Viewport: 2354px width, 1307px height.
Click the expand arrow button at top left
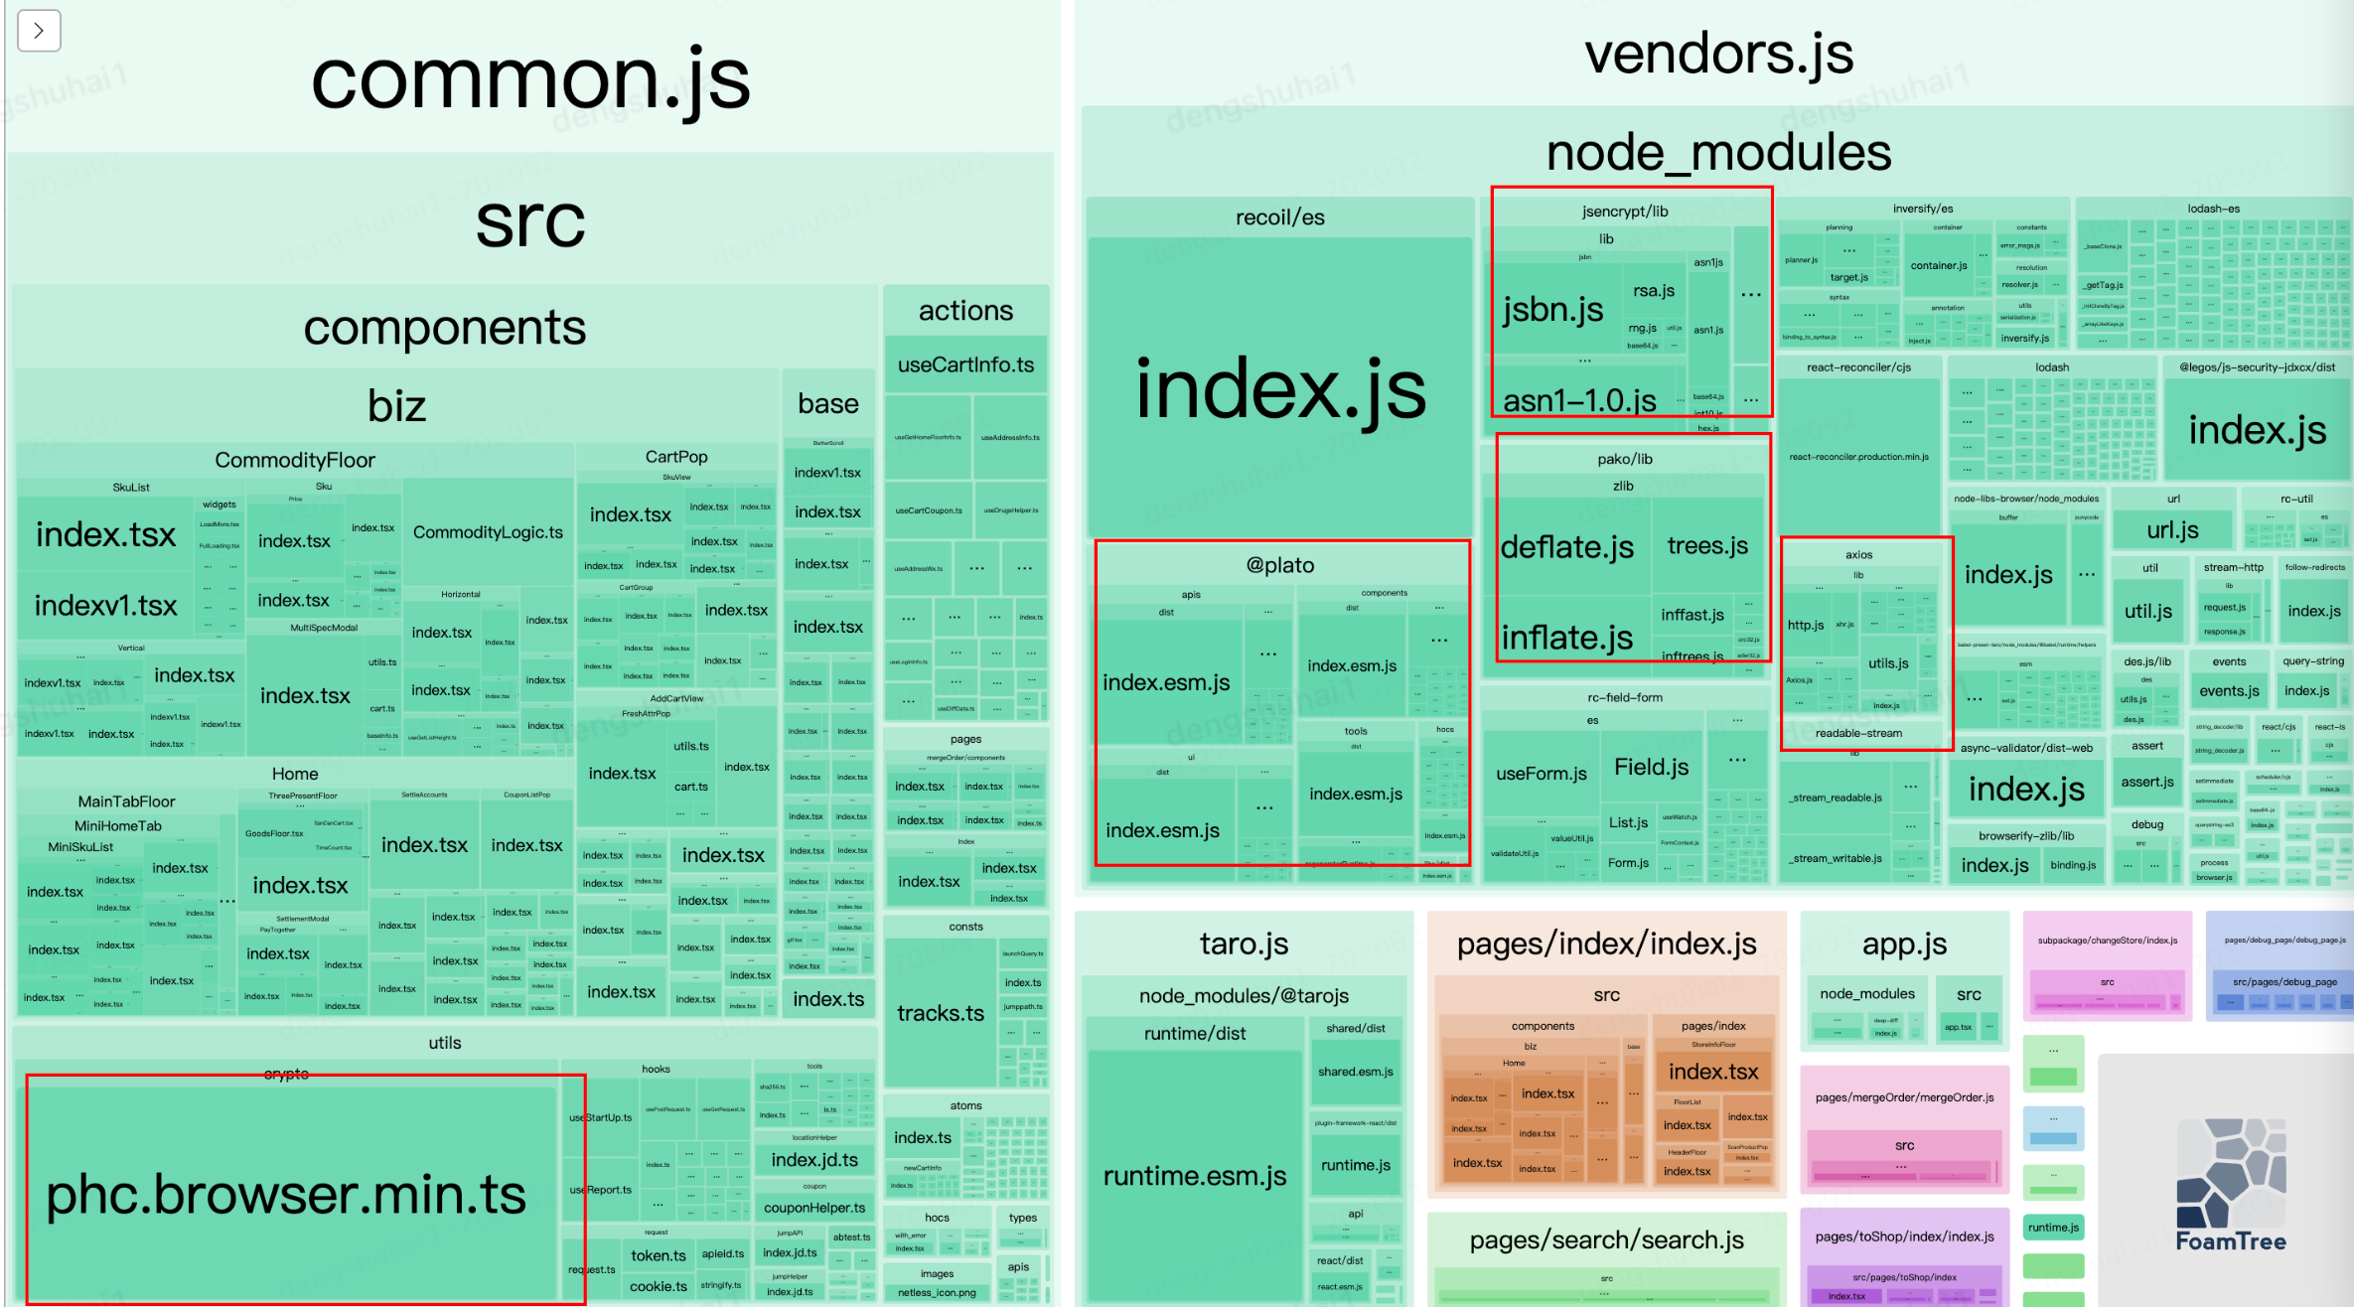click(39, 31)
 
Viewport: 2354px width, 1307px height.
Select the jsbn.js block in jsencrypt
click(1552, 309)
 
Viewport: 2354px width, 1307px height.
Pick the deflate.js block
click(1566, 546)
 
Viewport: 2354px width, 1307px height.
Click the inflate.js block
click(1566, 637)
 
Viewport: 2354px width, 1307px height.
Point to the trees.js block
click(1706, 545)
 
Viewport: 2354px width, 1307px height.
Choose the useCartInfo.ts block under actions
click(965, 364)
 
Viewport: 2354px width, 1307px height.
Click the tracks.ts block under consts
click(940, 1013)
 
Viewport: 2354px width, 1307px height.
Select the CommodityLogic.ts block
click(488, 532)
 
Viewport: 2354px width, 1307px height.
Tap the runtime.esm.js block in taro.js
click(1194, 1176)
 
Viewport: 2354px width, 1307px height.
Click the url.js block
click(2172, 529)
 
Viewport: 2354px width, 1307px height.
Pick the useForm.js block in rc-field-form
click(1541, 774)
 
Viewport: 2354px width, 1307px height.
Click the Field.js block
click(1651, 767)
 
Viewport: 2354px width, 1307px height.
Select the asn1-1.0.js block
click(1579, 400)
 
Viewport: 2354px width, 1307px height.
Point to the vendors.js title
click(1717, 54)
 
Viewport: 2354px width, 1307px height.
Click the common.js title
click(530, 79)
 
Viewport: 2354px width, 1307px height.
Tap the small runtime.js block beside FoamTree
click(2053, 1228)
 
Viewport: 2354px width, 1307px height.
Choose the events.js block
click(2229, 691)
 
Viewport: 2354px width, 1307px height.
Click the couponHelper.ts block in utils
click(813, 1208)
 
